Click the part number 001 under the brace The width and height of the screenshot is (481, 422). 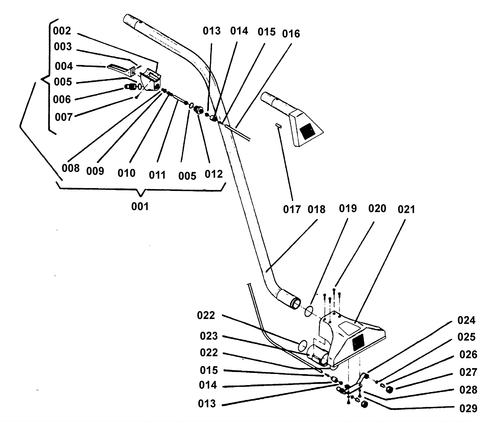pyautogui.click(x=140, y=206)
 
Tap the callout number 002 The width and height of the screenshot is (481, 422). pyautogui.click(x=62, y=31)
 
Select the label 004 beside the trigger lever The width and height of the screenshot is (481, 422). pyautogui.click(x=64, y=66)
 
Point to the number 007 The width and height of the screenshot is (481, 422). pyautogui.click(x=64, y=117)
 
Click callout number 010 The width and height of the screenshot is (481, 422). pyautogui.click(x=126, y=173)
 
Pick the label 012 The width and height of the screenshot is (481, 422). pyautogui.click(x=213, y=174)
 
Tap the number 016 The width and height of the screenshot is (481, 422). pyautogui.click(x=291, y=34)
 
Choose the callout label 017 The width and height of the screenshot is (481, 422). pyautogui.click(x=292, y=209)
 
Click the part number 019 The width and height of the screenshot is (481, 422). pyautogui.click(x=348, y=208)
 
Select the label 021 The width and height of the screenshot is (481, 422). pyautogui.click(x=406, y=209)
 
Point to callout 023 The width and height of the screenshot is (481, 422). pyautogui.click(x=209, y=336)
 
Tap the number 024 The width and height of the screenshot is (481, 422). pyautogui.click(x=466, y=320)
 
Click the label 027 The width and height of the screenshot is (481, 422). pyautogui.click(x=468, y=372)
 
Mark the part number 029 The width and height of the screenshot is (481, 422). pyautogui.click(x=468, y=408)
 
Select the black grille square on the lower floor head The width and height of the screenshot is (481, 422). pyautogui.click(x=358, y=343)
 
